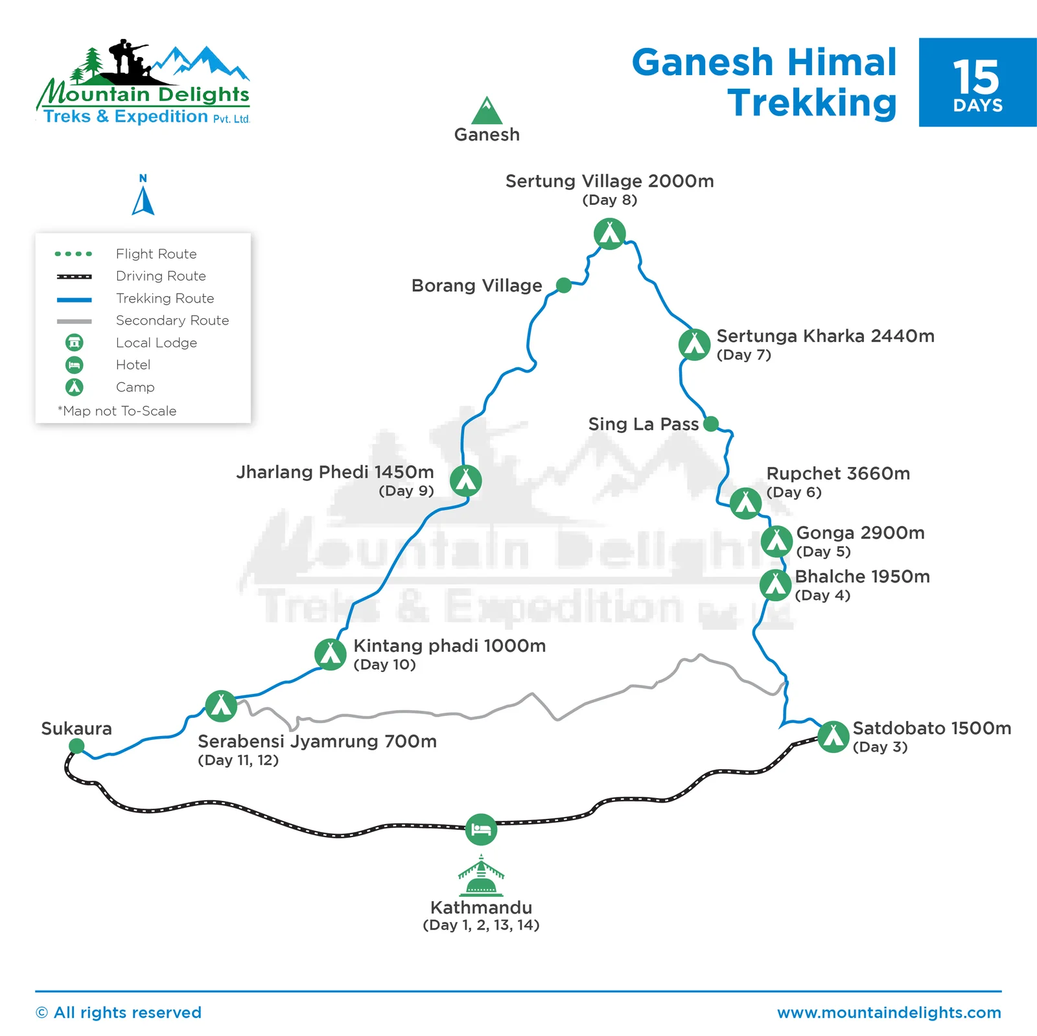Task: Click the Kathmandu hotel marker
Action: [x=481, y=829]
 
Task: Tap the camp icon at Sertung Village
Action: [x=609, y=233]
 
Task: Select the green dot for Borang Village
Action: [x=564, y=285]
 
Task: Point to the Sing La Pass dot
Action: [x=711, y=424]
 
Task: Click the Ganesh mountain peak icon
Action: [x=487, y=111]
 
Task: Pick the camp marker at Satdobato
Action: [x=833, y=736]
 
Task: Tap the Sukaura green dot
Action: [x=76, y=746]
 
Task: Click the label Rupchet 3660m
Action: [x=838, y=474]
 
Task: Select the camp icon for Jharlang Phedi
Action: [x=465, y=480]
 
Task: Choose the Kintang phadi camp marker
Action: [x=331, y=654]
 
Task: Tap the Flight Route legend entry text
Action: [x=156, y=254]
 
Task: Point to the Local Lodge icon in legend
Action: [x=75, y=342]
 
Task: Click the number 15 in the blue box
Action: [x=977, y=78]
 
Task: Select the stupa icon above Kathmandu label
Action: [x=481, y=875]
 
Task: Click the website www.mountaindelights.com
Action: [x=889, y=1013]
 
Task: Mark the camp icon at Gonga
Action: [x=776, y=542]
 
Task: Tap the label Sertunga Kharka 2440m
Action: [x=825, y=336]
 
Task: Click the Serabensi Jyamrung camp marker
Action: [x=221, y=706]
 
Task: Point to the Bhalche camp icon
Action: [x=775, y=585]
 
